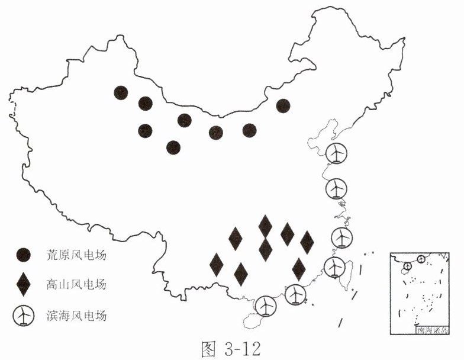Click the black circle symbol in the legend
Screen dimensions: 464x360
[24, 255]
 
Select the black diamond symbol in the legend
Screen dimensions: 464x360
[24, 285]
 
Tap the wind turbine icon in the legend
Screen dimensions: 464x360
[23, 316]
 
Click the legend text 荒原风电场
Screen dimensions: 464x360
[76, 255]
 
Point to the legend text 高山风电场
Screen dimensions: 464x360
[76, 285]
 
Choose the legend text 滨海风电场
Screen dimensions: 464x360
[76, 316]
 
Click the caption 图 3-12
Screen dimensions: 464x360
[231, 348]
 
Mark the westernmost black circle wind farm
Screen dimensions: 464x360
[121, 92]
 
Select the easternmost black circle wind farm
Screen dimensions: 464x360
[283, 106]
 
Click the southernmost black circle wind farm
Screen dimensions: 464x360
[173, 147]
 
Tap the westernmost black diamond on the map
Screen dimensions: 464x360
[217, 264]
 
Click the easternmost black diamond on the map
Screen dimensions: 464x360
[307, 242]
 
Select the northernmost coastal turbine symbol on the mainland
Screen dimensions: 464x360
[337, 153]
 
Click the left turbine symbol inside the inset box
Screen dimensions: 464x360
[407, 268]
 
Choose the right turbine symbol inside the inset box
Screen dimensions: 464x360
[421, 259]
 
